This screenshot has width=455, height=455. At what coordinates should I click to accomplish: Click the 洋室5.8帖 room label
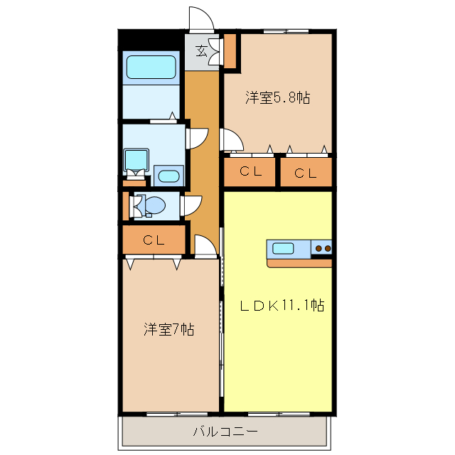tap(278, 98)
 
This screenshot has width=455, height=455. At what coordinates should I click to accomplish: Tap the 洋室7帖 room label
tap(169, 329)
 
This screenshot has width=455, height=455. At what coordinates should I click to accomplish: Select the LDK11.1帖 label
tap(281, 306)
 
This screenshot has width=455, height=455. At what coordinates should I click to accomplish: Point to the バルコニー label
tap(225, 431)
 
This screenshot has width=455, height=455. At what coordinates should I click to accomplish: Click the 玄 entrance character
tap(202, 50)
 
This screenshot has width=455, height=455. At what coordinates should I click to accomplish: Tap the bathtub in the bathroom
tap(151, 68)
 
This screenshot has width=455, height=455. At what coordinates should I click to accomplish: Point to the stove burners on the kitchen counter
tap(323, 248)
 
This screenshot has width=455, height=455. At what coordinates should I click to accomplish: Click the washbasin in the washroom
tap(168, 176)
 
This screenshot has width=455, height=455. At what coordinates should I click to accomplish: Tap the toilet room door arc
tap(193, 205)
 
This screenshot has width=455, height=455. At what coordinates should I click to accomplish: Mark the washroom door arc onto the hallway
tap(197, 138)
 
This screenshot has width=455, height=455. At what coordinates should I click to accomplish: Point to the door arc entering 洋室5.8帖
tap(232, 141)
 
